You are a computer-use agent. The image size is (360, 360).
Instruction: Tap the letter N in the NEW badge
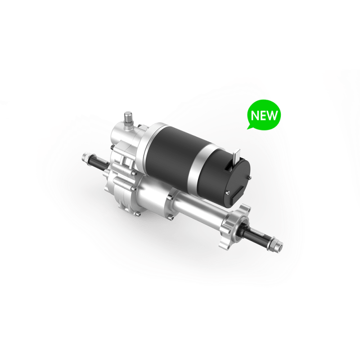pos(255,115)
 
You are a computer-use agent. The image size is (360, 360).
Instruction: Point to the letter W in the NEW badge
pos(273,115)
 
